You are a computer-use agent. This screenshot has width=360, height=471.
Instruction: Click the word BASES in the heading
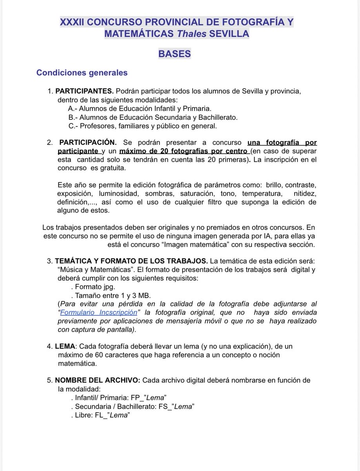[x=175, y=53]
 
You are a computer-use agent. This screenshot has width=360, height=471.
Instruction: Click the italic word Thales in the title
[x=192, y=34]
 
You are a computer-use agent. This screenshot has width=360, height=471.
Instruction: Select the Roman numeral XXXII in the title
[x=73, y=22]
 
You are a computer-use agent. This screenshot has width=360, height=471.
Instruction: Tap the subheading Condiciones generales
[x=82, y=73]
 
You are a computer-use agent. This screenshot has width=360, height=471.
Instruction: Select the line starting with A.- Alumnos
[x=140, y=109]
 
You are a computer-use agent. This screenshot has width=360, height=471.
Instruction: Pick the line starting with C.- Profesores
[x=142, y=126]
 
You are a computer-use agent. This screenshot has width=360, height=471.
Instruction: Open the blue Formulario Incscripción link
[x=99, y=312]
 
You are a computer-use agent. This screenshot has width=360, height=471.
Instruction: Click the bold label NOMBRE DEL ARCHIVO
[x=98, y=380]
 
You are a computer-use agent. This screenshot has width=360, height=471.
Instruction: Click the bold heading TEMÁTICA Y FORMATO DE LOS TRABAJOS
[x=132, y=261]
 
